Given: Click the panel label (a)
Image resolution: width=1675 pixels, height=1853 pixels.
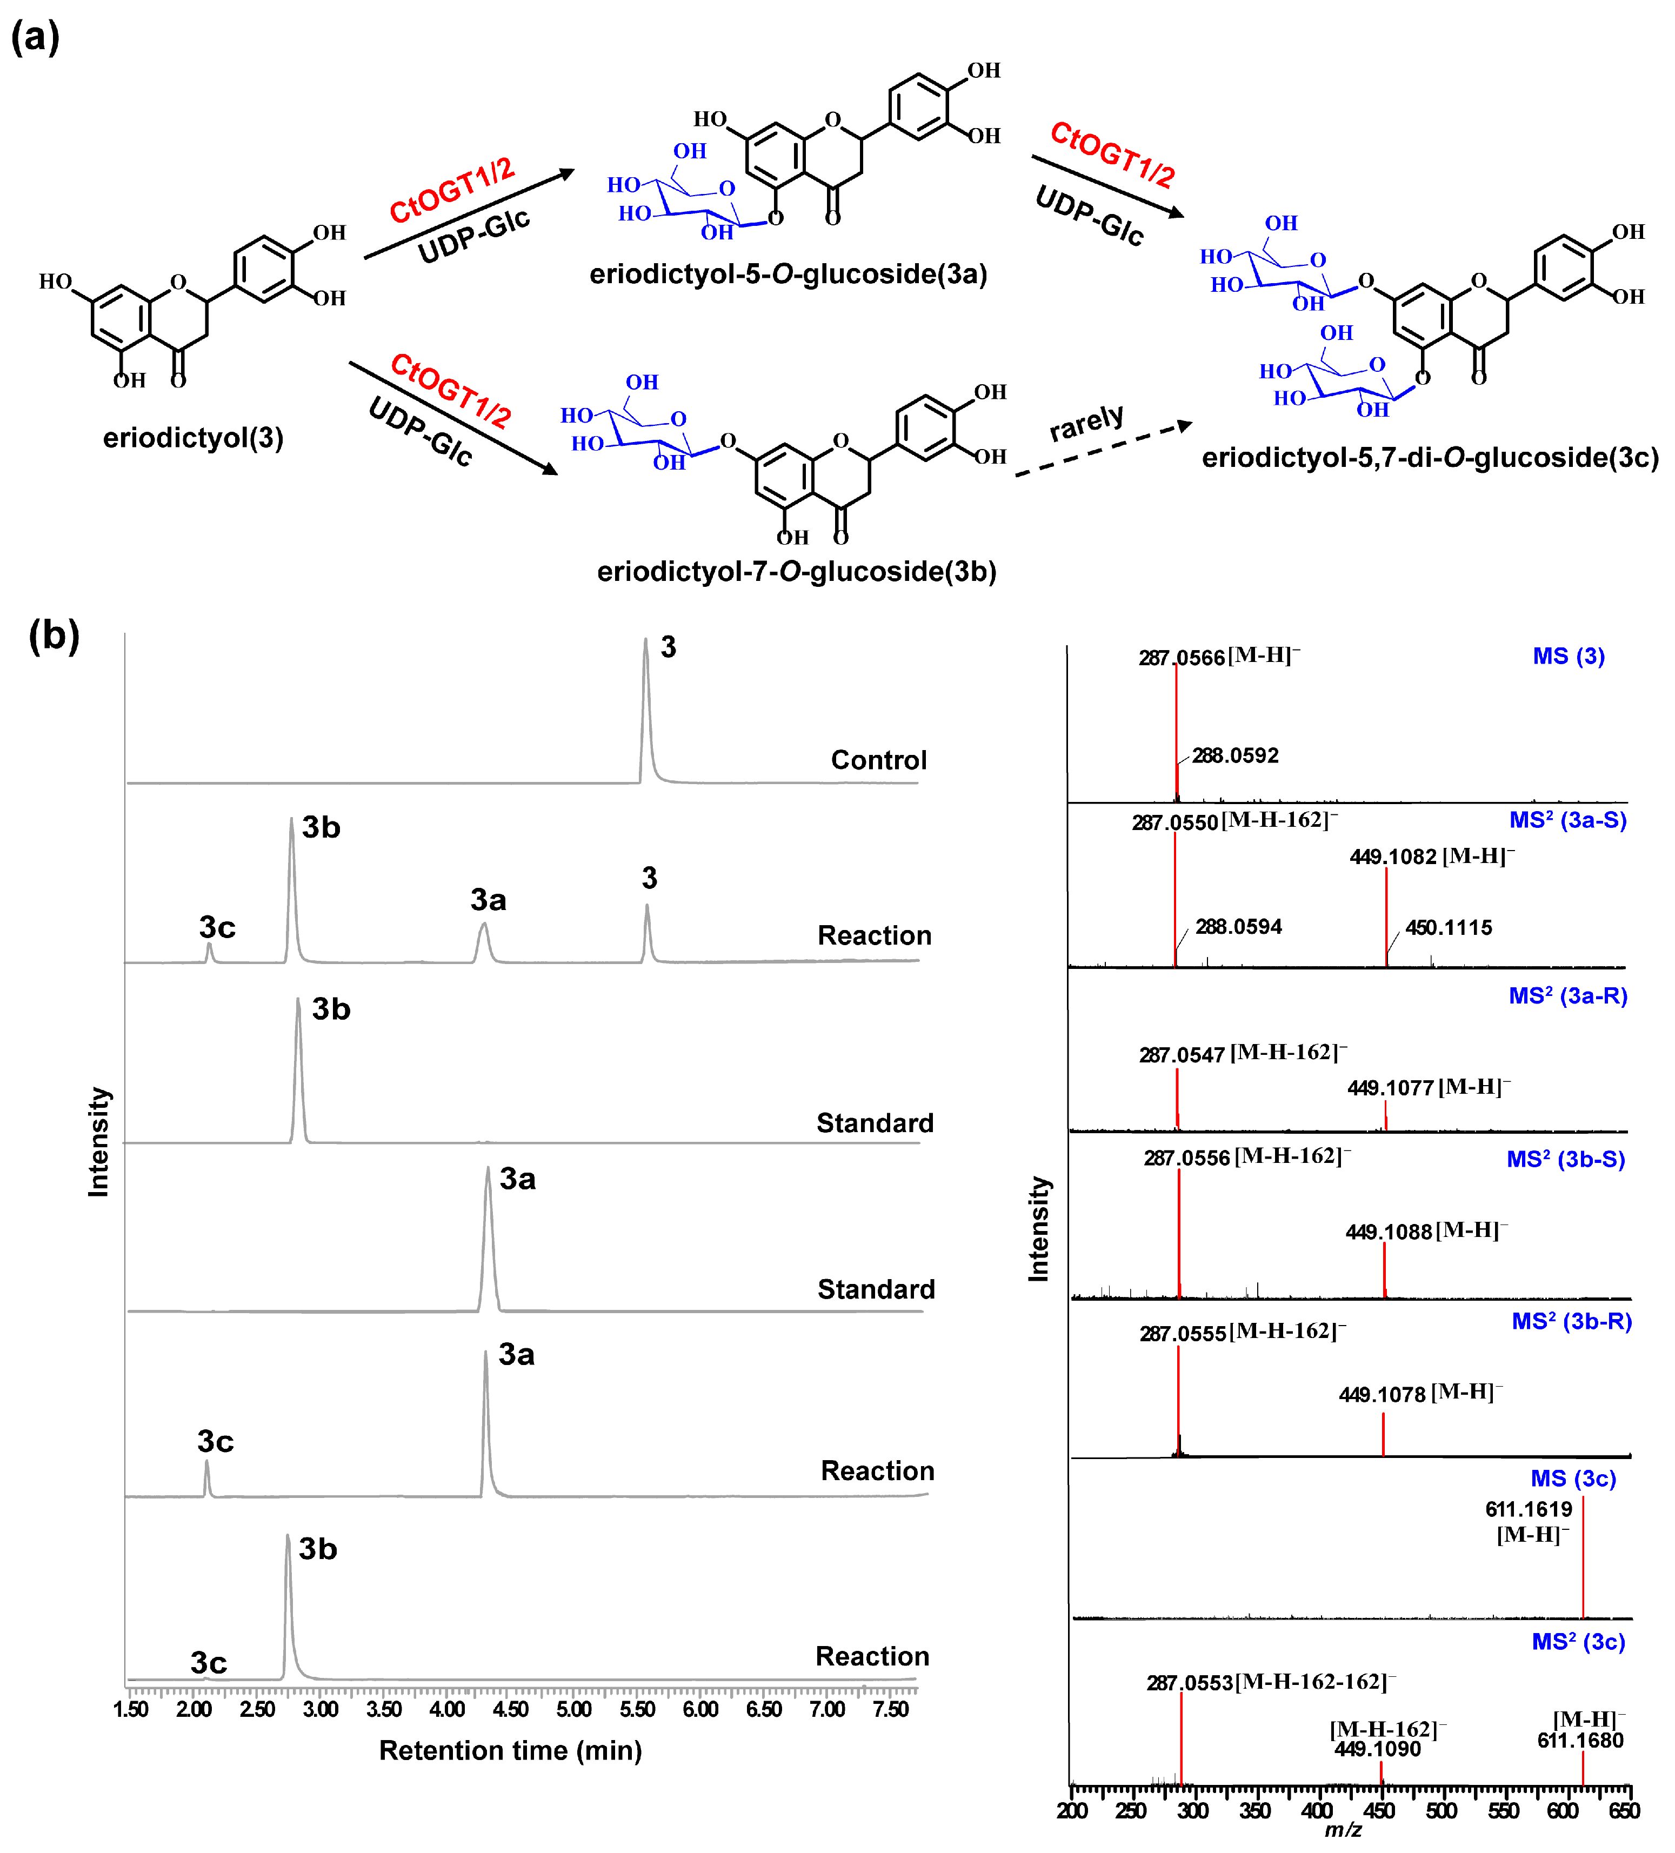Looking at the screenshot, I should click(35, 38).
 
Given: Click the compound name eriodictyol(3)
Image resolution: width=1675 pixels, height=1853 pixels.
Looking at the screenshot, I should click(193, 438).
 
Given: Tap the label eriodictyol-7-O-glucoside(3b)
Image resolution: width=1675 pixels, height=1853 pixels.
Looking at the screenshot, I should click(796, 572).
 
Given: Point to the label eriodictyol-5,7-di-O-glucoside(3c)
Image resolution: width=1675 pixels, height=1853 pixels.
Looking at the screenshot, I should click(1430, 458).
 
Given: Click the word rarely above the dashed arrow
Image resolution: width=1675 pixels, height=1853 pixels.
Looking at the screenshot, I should click(1086, 422).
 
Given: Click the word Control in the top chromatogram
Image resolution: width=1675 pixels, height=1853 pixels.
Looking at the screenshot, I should click(878, 760).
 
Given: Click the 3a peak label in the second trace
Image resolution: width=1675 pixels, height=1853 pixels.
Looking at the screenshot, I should click(488, 900).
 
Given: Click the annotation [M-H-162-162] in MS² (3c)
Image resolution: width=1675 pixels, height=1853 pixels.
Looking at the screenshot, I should click(1314, 1682).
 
